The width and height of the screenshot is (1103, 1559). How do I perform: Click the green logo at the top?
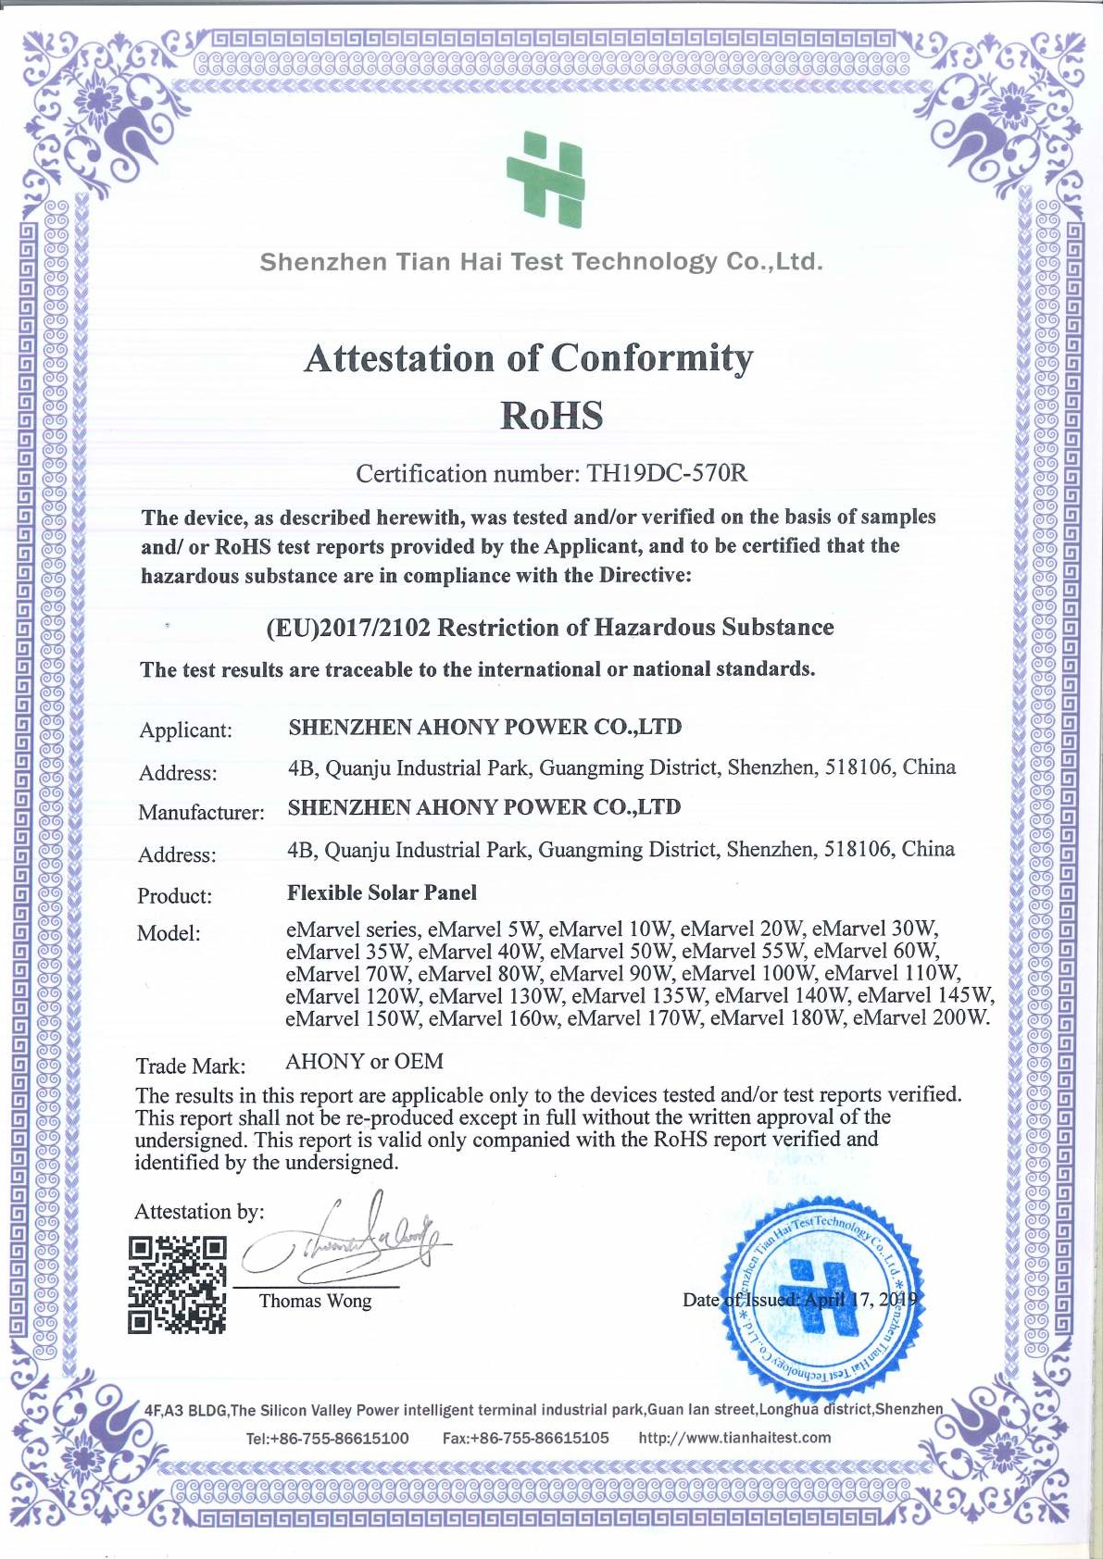pyautogui.click(x=545, y=179)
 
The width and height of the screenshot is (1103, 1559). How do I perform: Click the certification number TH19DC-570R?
pyautogui.click(x=667, y=474)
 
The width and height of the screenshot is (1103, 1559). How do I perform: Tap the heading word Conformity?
pyautogui.click(x=652, y=359)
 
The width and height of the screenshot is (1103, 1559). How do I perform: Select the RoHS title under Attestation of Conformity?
pyautogui.click(x=551, y=416)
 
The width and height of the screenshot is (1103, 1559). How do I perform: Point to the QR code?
pyautogui.click(x=177, y=1284)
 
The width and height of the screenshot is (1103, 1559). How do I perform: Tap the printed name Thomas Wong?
pyautogui.click(x=315, y=1301)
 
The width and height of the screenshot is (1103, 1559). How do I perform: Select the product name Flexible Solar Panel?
pyautogui.click(x=382, y=893)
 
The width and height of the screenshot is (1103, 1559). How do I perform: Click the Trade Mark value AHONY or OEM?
pyautogui.click(x=364, y=1061)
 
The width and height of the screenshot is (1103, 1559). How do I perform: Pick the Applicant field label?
pyautogui.click(x=185, y=730)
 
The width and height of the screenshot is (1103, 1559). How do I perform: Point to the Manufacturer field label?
pyautogui.click(x=201, y=813)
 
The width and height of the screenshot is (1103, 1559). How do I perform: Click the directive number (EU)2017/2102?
pyautogui.click(x=348, y=629)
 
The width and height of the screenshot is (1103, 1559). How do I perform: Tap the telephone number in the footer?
pyautogui.click(x=327, y=1438)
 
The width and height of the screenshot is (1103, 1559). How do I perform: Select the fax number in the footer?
pyautogui.click(x=525, y=1438)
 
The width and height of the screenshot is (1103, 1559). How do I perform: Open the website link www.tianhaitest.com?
pyautogui.click(x=734, y=1438)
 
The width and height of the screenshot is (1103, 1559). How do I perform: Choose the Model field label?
pyautogui.click(x=169, y=933)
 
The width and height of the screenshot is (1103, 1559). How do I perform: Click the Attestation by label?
pyautogui.click(x=199, y=1212)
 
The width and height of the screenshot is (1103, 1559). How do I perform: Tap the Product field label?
pyautogui.click(x=174, y=896)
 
